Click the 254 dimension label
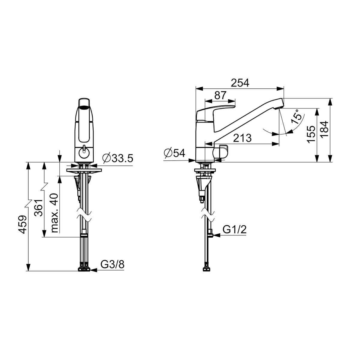tap(240, 83)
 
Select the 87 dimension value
tap(220, 95)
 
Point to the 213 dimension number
tap(242, 138)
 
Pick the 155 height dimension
tap(311, 134)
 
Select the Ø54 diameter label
tap(174, 153)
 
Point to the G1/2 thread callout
tap(235, 229)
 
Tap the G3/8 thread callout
tap(112, 264)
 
